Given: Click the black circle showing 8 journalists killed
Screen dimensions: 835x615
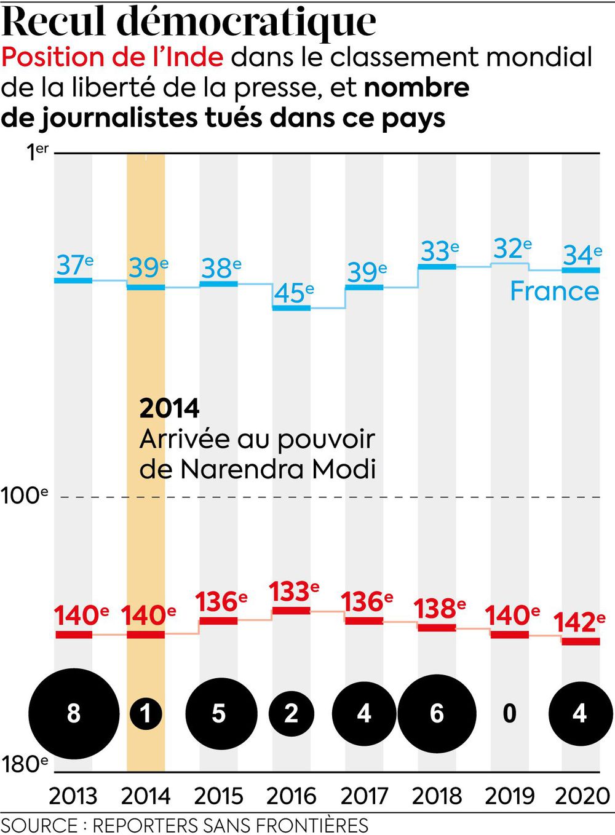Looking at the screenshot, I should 74,713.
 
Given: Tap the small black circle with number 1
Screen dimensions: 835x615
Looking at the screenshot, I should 146,713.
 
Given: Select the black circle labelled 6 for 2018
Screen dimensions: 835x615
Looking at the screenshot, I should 437,713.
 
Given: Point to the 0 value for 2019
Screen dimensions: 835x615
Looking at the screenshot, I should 509,713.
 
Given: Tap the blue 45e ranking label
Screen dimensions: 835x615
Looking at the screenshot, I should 293,293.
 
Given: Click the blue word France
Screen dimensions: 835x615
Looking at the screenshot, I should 554,291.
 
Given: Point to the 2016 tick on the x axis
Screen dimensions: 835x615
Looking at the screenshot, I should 291,796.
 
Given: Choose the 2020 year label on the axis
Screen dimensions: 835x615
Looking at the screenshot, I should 582,796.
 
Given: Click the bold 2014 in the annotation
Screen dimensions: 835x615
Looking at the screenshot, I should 169,409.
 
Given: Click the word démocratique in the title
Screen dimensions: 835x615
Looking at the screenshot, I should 246,22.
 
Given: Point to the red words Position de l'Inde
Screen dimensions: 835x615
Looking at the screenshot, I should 112,57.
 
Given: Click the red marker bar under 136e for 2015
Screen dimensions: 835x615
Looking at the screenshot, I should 218,620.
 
